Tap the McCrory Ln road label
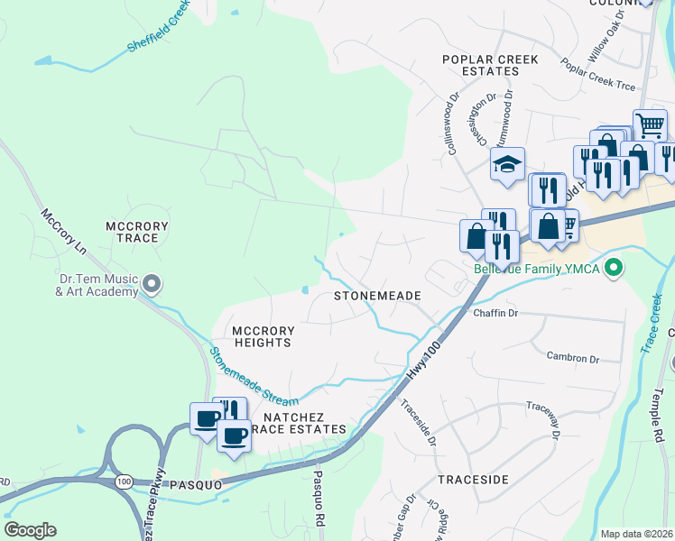(64, 232)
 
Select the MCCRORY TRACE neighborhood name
(132, 232)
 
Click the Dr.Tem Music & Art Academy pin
(152, 285)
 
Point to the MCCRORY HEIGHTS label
(263, 336)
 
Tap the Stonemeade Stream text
(254, 377)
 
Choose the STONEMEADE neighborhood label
(379, 296)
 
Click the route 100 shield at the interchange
(124, 482)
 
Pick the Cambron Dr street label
(572, 359)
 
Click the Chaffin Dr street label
(495, 313)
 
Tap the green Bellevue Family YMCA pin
(615, 268)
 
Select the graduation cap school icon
(507, 165)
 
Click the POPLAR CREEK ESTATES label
(490, 65)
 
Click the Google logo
(30, 530)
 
